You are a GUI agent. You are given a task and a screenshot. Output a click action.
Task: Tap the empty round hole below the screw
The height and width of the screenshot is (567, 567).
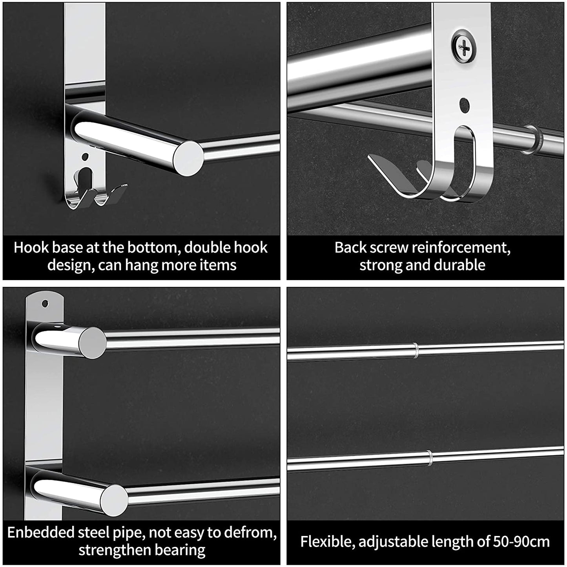coord(464,105)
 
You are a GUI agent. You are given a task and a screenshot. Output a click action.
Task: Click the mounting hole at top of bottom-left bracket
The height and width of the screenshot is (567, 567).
coord(45,304)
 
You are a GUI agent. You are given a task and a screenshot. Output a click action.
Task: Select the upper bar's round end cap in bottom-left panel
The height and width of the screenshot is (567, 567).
coord(92,343)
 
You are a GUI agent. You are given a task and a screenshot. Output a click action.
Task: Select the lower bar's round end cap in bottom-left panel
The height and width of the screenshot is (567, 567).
coord(114,500)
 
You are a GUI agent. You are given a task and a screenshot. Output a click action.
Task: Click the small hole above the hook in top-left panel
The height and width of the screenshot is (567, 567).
coord(85,157)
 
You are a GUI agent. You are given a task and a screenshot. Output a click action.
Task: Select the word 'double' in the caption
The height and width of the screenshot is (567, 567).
coord(208,248)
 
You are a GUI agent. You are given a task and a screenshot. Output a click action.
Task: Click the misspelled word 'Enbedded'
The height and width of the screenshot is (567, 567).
coord(41,533)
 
